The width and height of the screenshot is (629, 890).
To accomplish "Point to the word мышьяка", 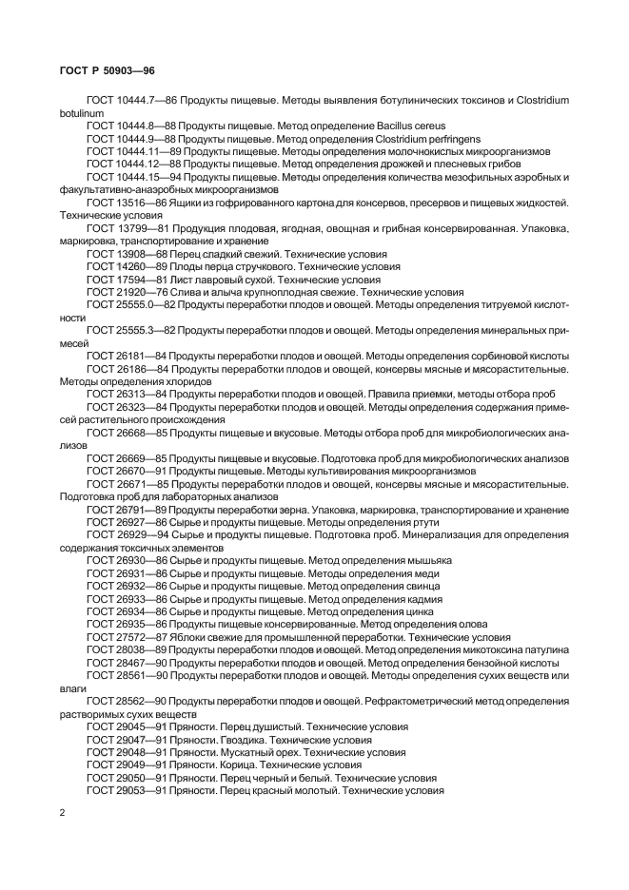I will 426,562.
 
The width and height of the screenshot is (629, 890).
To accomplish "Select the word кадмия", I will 419,600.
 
